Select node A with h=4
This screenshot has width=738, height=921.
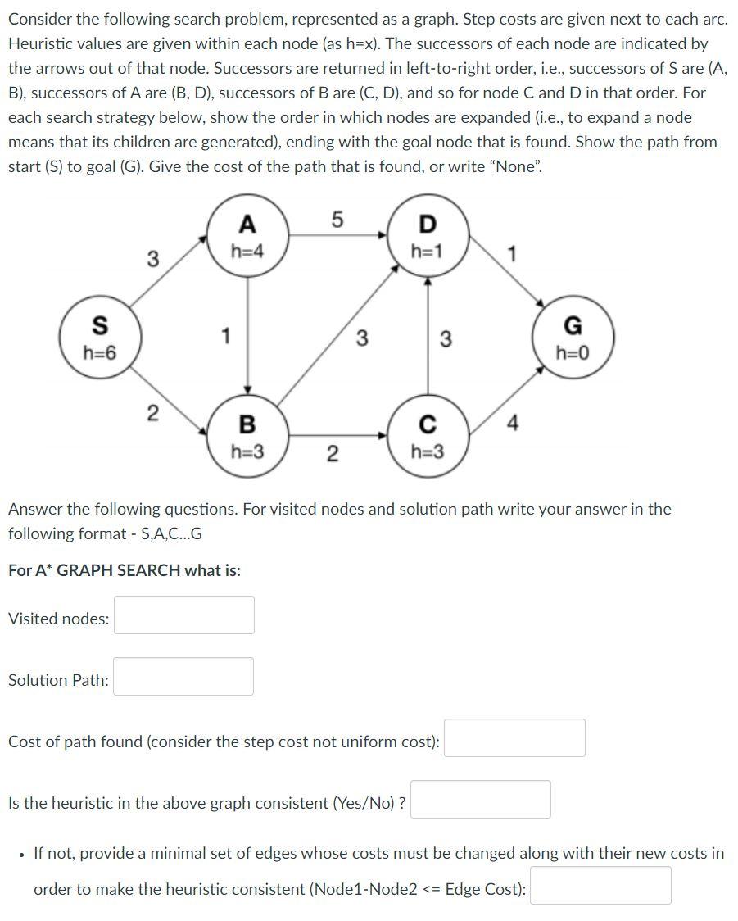[x=247, y=235]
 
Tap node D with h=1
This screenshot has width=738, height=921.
[x=427, y=235]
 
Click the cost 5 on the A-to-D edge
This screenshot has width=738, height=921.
[x=337, y=219]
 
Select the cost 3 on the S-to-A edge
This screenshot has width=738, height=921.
[x=152, y=259]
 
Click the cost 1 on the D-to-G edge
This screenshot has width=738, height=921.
[x=513, y=254]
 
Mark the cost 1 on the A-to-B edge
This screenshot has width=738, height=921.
[x=225, y=336]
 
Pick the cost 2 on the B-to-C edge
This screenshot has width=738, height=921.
[x=332, y=453]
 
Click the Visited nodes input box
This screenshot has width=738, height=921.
[x=183, y=615]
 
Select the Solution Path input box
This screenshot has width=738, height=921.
[x=183, y=677]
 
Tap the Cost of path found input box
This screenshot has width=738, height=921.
[x=514, y=737]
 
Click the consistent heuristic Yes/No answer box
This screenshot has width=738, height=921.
[x=480, y=799]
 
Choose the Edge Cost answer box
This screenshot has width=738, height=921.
[x=600, y=885]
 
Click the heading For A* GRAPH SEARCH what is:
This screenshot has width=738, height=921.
[x=125, y=570]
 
